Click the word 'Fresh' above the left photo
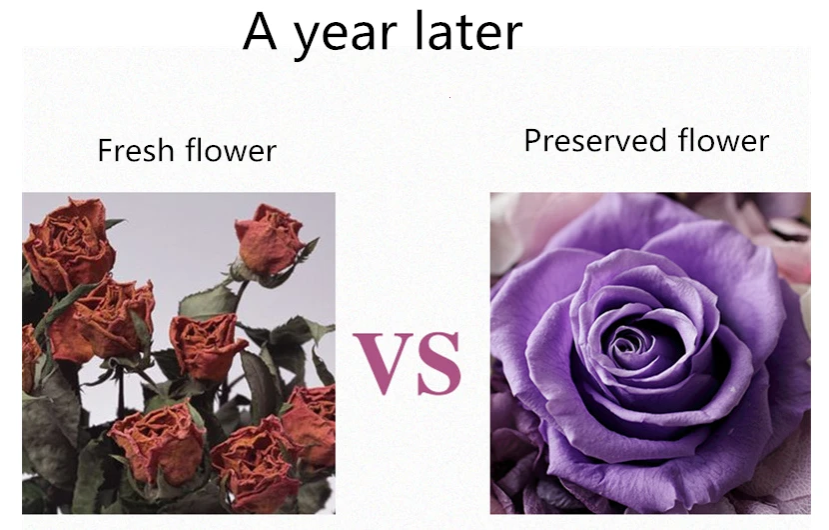point(137,151)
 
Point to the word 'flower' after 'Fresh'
point(231,151)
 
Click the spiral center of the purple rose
point(630,345)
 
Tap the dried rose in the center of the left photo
point(207,345)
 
